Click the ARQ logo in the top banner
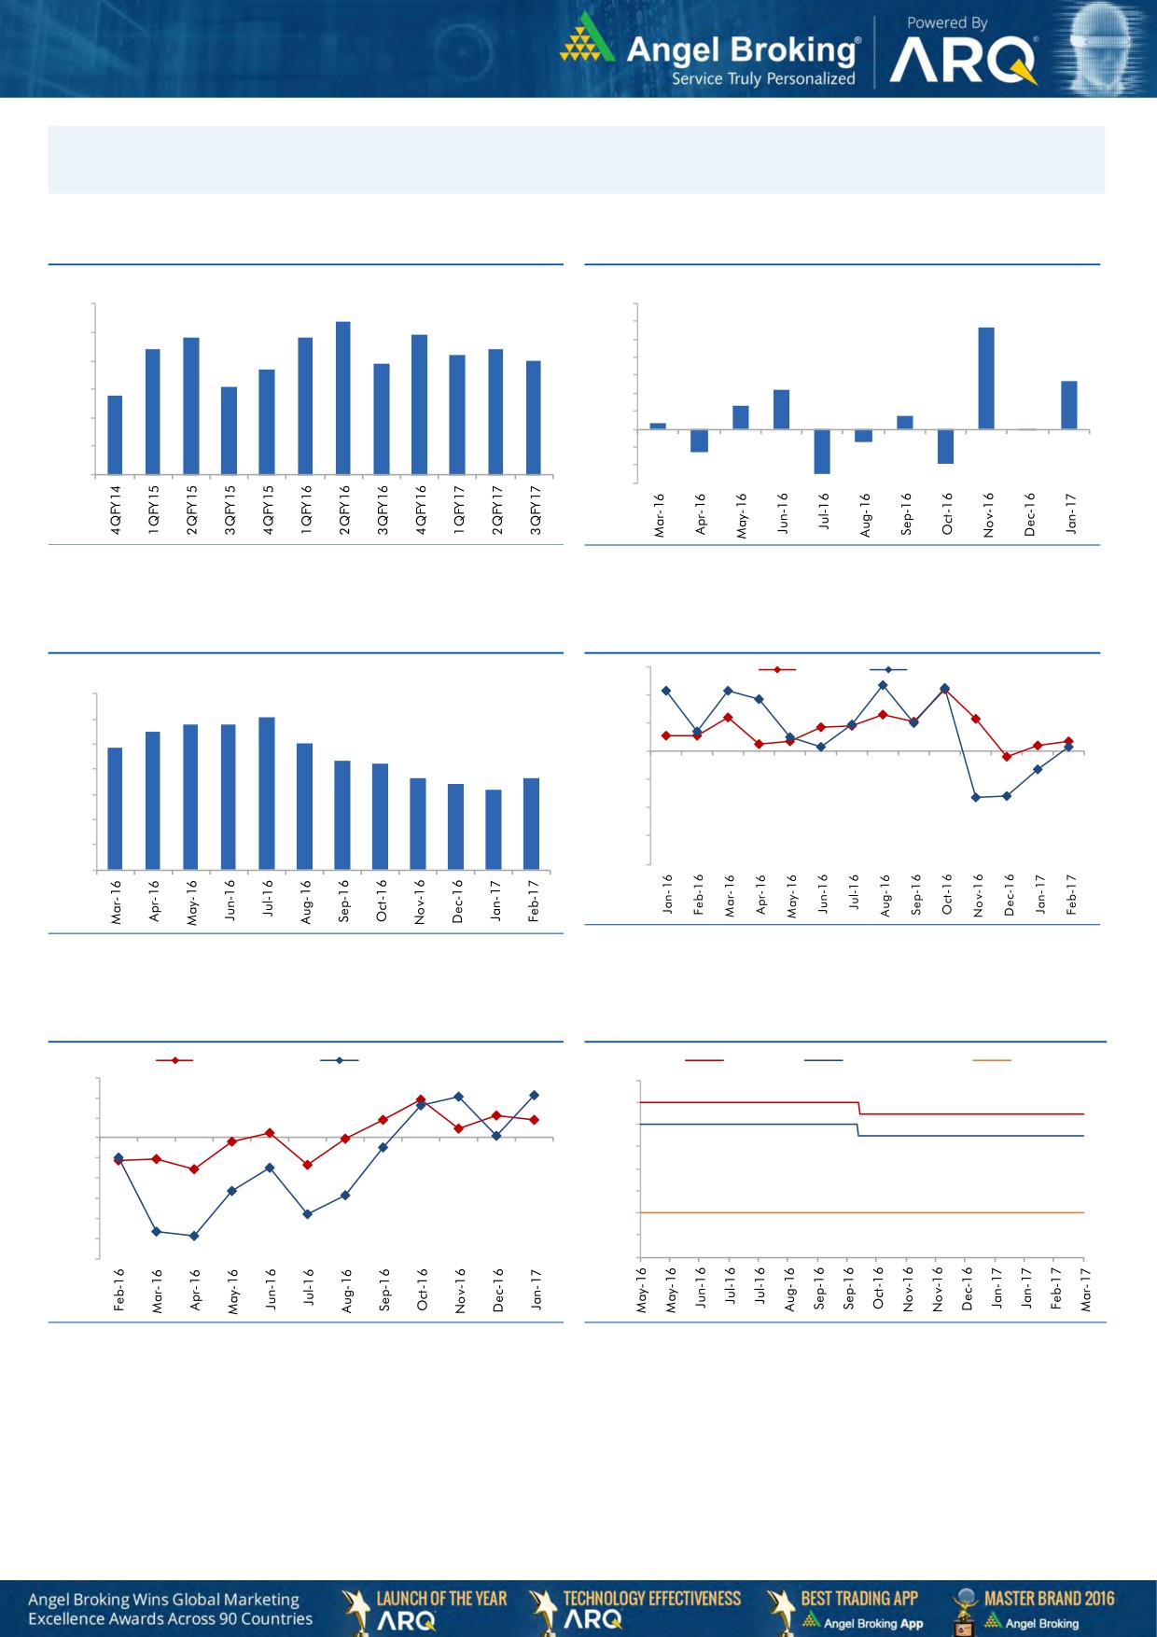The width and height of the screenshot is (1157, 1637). [x=963, y=62]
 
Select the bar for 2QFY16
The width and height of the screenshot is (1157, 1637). [x=343, y=398]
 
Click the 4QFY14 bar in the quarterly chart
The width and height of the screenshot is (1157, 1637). [x=115, y=435]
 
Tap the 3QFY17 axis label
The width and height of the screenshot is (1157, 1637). [x=536, y=510]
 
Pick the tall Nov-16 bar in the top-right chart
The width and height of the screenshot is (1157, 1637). [x=986, y=378]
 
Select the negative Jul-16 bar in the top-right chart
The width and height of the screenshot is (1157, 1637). [x=822, y=452]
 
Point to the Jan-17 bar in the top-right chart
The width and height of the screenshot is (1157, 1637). [x=1069, y=405]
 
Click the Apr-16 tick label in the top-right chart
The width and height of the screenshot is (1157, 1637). [x=701, y=514]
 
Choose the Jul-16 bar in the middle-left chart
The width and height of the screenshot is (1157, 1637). [x=267, y=793]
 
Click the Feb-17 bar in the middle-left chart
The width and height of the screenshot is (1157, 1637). [x=532, y=823]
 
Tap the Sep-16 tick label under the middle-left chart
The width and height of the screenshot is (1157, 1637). [x=343, y=901]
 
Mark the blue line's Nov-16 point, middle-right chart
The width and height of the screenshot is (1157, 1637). [x=976, y=797]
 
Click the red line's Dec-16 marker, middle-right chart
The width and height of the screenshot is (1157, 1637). [x=1007, y=757]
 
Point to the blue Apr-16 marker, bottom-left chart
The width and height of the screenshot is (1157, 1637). [x=194, y=1236]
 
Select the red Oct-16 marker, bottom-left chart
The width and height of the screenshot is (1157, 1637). [x=421, y=1099]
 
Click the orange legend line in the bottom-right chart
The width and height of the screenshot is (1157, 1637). [x=992, y=1060]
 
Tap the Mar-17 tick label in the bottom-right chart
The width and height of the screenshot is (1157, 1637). [x=1086, y=1289]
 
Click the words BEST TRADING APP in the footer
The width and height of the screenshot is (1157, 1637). [x=859, y=1599]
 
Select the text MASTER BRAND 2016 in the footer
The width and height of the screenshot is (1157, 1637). [x=1049, y=1599]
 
